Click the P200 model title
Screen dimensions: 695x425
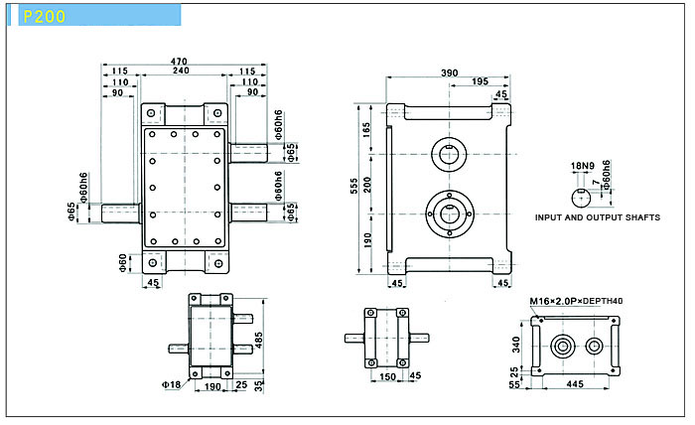(44, 17)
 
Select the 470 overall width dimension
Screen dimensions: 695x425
(179, 62)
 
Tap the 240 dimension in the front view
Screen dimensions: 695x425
(181, 71)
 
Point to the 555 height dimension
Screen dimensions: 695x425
(353, 186)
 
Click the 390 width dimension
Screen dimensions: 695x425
(449, 73)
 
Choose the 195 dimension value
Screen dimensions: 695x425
(480, 81)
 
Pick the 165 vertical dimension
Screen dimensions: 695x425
(367, 130)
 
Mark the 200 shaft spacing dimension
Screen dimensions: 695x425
(367, 185)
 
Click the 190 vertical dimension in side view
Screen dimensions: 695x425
(367, 239)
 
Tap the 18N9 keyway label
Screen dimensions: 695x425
(582, 166)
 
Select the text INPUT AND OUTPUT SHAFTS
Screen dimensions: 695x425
(598, 217)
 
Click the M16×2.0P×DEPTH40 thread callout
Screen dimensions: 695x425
(576, 301)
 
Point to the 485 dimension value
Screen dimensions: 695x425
(259, 341)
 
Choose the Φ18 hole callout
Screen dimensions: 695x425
(171, 384)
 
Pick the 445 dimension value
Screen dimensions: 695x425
(575, 384)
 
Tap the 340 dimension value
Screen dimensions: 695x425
(515, 345)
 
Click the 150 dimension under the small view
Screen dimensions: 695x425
(387, 376)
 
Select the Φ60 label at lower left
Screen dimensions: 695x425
(123, 263)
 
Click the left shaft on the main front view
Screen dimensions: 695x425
(120, 213)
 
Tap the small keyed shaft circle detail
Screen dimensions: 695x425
(581, 198)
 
